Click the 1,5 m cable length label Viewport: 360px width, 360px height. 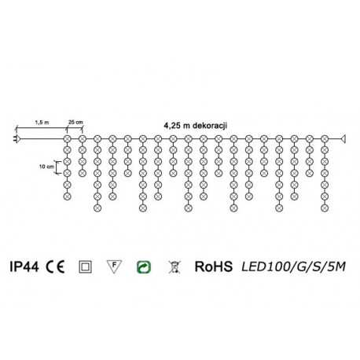pyautogui.click(x=41, y=123)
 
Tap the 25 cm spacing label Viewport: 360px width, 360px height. pyautogui.click(x=75, y=123)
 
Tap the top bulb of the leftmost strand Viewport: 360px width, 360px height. pyautogui.click(x=67, y=139)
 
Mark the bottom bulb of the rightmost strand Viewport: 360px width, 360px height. pyautogui.click(x=325, y=209)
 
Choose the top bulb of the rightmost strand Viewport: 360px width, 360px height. pyautogui.click(x=325, y=139)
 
